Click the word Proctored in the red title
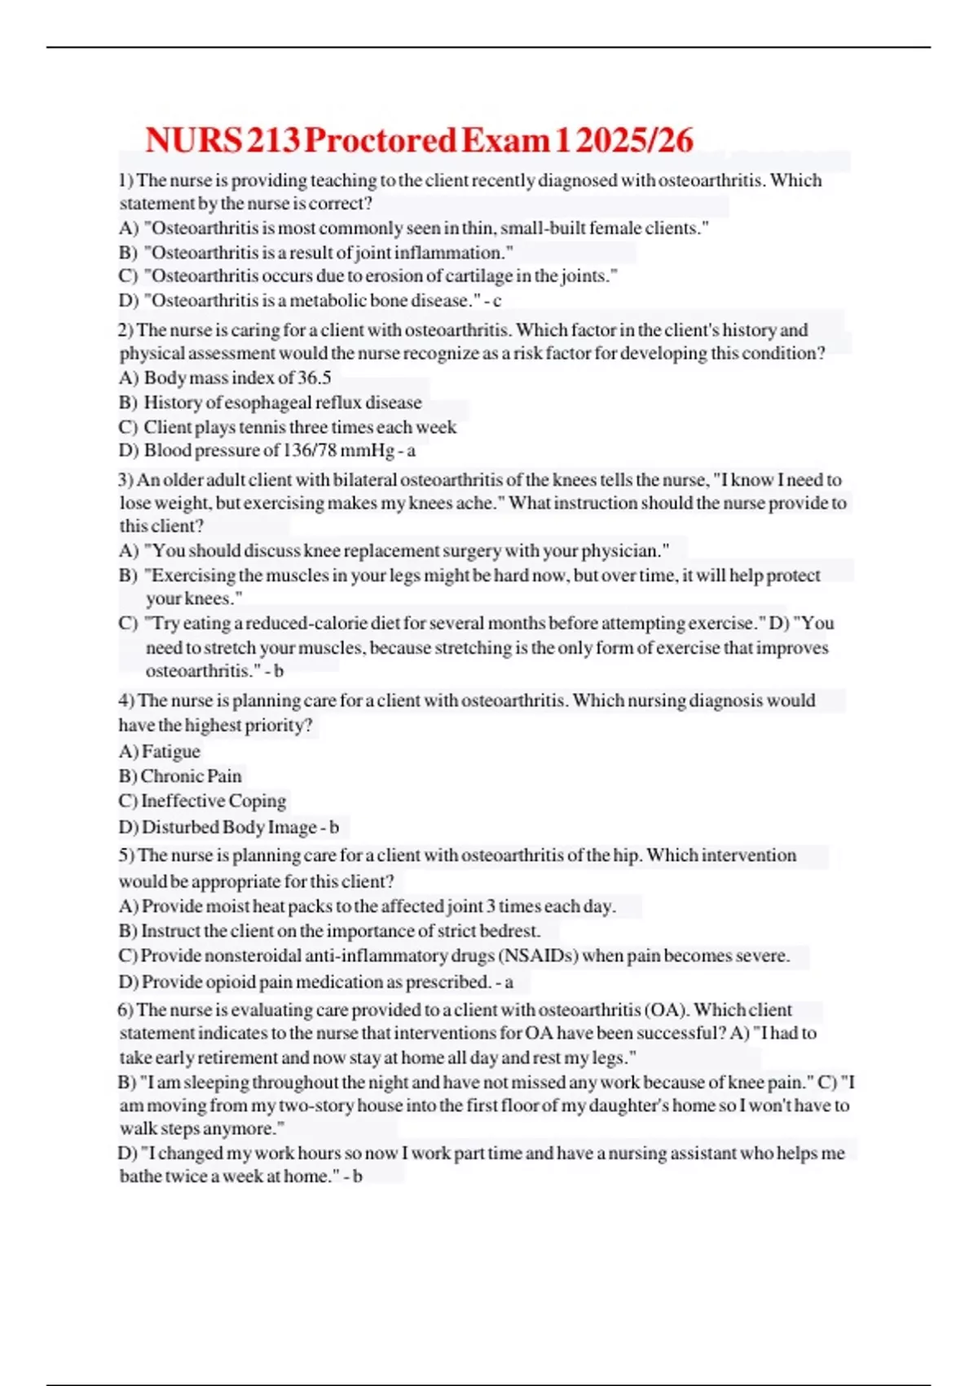point(380,140)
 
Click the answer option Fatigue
point(170,752)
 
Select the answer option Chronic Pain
point(191,776)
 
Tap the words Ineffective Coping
point(214,801)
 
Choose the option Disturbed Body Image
point(229,827)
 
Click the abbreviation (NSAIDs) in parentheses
point(538,956)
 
